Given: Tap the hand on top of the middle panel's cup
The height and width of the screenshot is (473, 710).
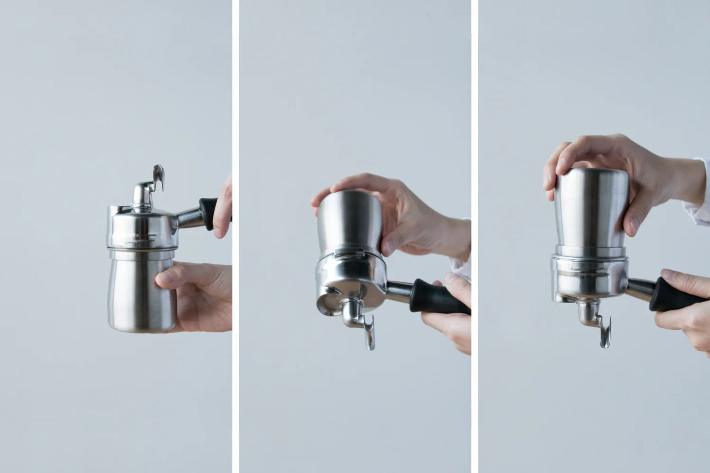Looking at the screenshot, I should [x=393, y=206].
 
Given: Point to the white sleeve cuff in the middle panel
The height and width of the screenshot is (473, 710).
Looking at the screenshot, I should [x=461, y=265].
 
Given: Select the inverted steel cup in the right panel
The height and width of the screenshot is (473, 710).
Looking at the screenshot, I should [x=590, y=211].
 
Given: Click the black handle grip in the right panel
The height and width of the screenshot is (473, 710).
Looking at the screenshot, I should [x=673, y=295].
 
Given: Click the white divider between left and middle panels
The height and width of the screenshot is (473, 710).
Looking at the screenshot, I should [x=235, y=236].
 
